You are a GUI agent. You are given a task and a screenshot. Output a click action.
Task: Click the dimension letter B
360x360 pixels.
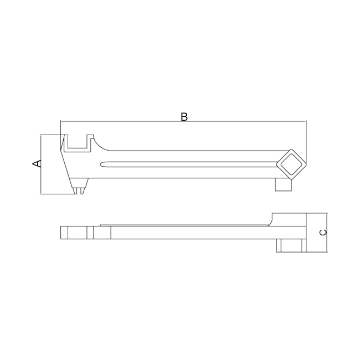coord(184,116)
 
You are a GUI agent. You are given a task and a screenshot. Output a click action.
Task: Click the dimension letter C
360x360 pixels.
coord(323,232)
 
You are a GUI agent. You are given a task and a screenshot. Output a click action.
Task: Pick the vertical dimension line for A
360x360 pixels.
coord(42,164)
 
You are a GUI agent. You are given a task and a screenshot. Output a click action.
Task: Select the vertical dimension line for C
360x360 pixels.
coord(328,232)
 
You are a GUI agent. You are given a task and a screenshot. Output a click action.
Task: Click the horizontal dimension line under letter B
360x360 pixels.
coord(184,121)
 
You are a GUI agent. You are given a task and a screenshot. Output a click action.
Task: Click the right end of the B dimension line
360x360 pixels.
coord(306,121)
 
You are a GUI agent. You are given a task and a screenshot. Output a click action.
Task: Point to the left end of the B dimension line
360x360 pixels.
coord(60,121)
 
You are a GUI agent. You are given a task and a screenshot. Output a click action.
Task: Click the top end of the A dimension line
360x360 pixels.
coord(42,135)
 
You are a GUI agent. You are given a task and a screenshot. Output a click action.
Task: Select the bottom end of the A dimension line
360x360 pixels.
coord(42,194)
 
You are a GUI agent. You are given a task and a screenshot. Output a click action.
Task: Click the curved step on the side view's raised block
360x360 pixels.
coord(270,222)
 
